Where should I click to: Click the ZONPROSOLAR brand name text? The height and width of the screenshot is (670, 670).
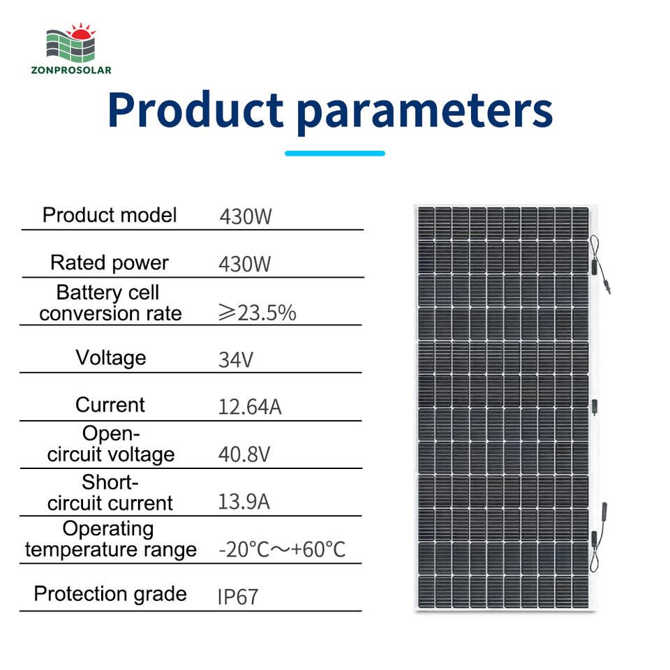click(x=71, y=70)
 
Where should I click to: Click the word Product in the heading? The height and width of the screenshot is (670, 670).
click(x=195, y=110)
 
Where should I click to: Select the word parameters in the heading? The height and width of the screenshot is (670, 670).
click(x=425, y=112)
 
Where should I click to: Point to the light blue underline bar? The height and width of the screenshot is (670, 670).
click(x=335, y=154)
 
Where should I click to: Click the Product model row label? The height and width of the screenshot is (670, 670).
click(x=110, y=215)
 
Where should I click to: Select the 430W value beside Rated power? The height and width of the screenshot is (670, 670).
click(x=245, y=264)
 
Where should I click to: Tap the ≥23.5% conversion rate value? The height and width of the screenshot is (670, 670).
click(x=258, y=313)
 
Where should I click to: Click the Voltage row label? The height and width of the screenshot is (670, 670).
click(x=111, y=358)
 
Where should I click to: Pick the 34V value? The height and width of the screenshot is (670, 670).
click(x=236, y=360)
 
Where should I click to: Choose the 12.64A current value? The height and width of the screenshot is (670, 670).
click(x=250, y=407)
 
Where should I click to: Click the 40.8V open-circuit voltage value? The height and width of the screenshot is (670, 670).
click(x=244, y=454)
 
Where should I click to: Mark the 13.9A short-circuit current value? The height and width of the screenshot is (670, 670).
click(x=244, y=502)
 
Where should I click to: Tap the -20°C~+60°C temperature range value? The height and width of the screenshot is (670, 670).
click(x=282, y=549)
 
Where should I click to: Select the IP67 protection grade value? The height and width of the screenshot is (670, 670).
click(x=238, y=597)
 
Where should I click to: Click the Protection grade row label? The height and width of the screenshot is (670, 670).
click(x=110, y=595)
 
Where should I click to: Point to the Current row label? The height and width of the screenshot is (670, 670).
click(x=110, y=405)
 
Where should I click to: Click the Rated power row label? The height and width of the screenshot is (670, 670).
click(x=110, y=263)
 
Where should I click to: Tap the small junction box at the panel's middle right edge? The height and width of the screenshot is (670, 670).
click(x=594, y=406)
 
